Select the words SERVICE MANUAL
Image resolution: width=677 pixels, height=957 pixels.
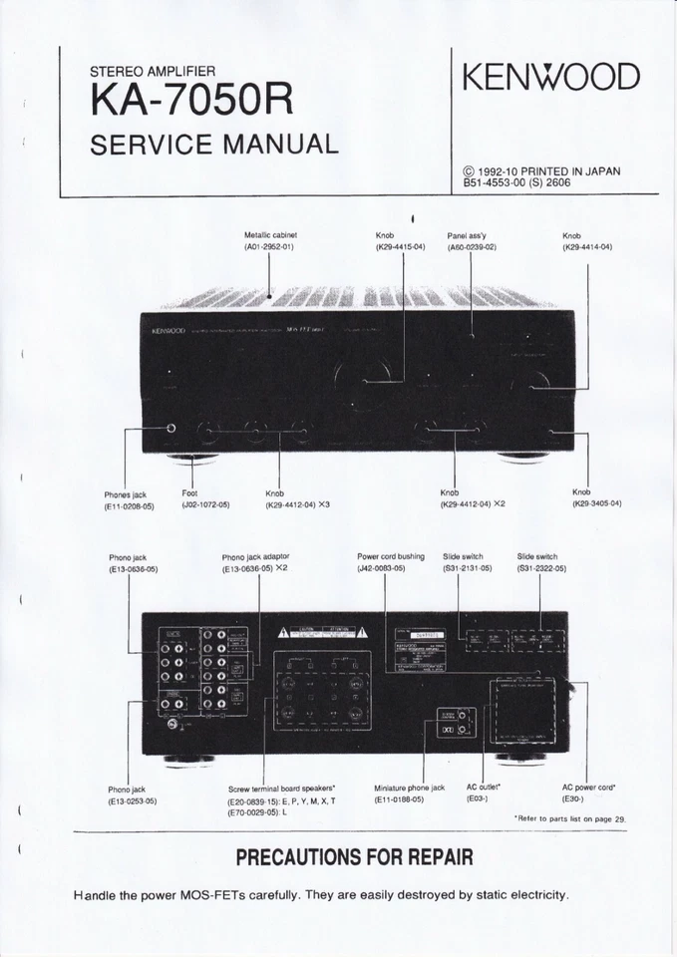pos(214,145)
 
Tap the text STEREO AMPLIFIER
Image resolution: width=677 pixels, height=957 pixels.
pos(152,72)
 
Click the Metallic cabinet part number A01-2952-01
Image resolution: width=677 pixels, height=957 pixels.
pos(269,246)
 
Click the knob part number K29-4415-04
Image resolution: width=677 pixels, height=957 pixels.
pos(400,246)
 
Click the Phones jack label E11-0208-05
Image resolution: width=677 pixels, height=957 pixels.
pos(129,505)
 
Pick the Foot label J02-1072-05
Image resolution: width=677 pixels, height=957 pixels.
pos(205,504)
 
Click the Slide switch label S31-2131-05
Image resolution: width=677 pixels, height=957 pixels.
pos(467,568)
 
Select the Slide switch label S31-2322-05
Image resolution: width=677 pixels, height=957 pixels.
pos(541,568)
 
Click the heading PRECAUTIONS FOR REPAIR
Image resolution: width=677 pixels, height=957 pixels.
pos(353,857)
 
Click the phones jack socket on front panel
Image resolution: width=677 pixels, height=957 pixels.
pos(170,429)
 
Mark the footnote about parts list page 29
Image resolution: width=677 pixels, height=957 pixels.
pos(569,818)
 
